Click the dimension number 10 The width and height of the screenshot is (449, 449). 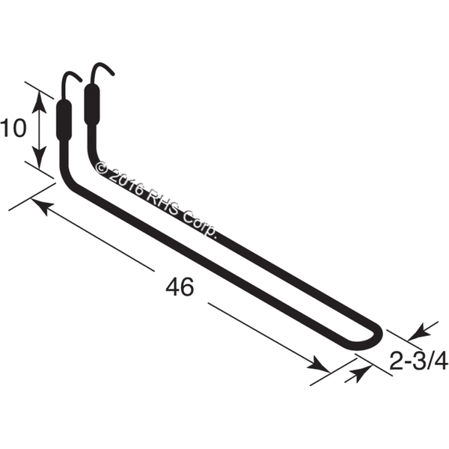click(13, 128)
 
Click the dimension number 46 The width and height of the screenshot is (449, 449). click(180, 287)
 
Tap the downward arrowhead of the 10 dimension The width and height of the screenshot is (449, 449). click(39, 156)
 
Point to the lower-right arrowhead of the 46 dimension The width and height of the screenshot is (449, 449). click(319, 364)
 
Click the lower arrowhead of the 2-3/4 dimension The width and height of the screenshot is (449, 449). click(356, 374)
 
